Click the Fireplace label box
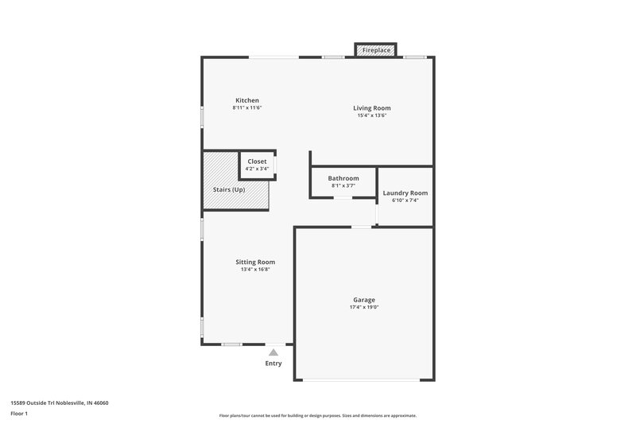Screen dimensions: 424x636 pyautogui.click(x=376, y=50)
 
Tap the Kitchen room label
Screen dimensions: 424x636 pyautogui.click(x=246, y=100)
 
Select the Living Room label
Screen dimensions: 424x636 pyautogui.click(x=372, y=107)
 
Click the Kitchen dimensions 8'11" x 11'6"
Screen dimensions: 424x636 pyautogui.click(x=246, y=107)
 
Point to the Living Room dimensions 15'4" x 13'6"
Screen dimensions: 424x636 pyautogui.click(x=372, y=115)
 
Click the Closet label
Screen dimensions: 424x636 pyautogui.click(x=257, y=161)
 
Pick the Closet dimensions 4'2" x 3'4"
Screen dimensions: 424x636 pyautogui.click(x=257, y=169)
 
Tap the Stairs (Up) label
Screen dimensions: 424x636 pyautogui.click(x=229, y=190)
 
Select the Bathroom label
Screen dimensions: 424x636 pyautogui.click(x=343, y=178)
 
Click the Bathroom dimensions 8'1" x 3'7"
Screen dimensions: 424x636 pyautogui.click(x=343, y=185)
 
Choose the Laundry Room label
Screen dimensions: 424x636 pyautogui.click(x=405, y=193)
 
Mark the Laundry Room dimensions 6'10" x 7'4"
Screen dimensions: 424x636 pyautogui.click(x=405, y=200)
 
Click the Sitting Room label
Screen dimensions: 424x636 pyautogui.click(x=255, y=262)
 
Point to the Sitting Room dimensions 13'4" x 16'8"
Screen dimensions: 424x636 pyautogui.click(x=255, y=269)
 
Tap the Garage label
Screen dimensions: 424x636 pyautogui.click(x=364, y=300)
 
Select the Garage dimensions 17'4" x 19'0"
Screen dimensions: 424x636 pyautogui.click(x=364, y=307)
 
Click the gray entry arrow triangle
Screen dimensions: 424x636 pyautogui.click(x=273, y=352)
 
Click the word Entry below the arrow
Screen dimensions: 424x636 pyautogui.click(x=273, y=364)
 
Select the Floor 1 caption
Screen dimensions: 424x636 pyautogui.click(x=20, y=414)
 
